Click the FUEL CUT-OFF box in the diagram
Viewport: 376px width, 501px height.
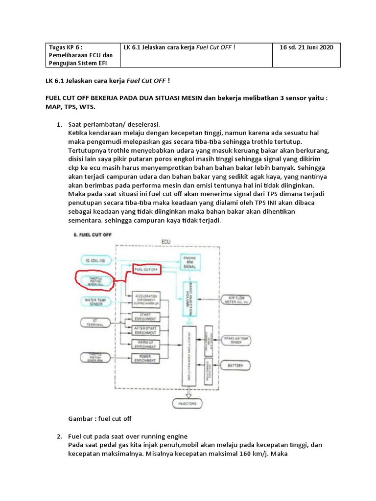[x=145, y=269]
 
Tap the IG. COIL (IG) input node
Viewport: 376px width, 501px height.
[x=95, y=261]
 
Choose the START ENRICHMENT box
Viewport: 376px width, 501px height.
[x=145, y=316]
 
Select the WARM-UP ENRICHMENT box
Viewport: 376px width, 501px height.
[x=145, y=344]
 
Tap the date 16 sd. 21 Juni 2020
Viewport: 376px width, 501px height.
[x=306, y=47]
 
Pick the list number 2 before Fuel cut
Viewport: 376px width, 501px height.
[x=59, y=436]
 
